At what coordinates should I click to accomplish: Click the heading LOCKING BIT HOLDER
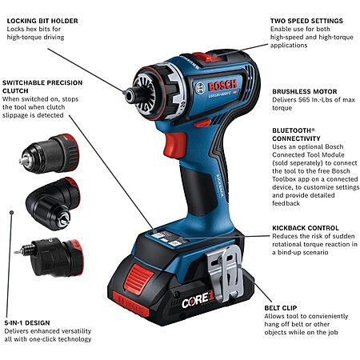click(x=42, y=21)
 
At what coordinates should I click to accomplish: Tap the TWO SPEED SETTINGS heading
click(x=306, y=21)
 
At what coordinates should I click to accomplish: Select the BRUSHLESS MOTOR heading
click(x=305, y=91)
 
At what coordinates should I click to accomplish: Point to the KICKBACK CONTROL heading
click(x=306, y=228)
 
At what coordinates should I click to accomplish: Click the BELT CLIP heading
click(x=281, y=308)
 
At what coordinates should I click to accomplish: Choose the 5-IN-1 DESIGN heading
click(x=27, y=323)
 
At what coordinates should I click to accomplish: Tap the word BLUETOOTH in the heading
click(x=291, y=130)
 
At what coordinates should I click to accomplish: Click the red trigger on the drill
click(x=174, y=146)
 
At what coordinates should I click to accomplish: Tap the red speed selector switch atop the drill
click(x=206, y=57)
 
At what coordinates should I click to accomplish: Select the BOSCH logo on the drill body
click(x=222, y=86)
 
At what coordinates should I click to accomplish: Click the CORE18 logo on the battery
click(x=198, y=300)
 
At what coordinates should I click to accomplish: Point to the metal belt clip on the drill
click(x=225, y=273)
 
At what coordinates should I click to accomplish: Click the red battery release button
click(x=138, y=278)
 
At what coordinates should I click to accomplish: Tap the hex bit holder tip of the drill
click(x=130, y=95)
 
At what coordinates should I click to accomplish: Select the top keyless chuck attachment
click(x=50, y=154)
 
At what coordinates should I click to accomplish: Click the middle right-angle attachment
click(x=53, y=203)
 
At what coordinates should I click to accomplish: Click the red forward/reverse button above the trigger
click(x=202, y=123)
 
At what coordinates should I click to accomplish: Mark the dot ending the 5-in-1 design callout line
click(x=11, y=213)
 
